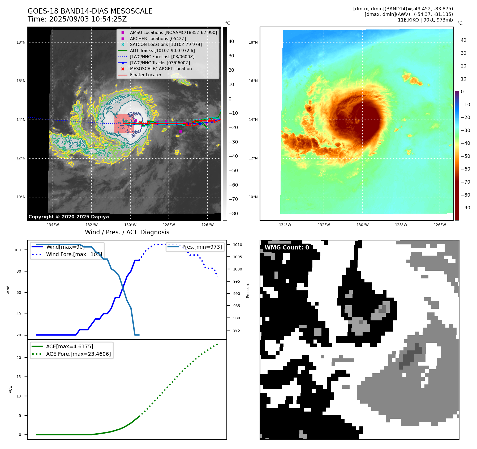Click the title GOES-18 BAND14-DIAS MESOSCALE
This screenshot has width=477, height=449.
click(x=90, y=11)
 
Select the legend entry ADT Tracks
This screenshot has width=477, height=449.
click(x=162, y=50)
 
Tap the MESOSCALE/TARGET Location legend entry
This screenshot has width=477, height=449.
click(x=161, y=69)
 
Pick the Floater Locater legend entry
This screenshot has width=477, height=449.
click(x=145, y=75)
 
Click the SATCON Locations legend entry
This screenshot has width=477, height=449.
click(x=166, y=44)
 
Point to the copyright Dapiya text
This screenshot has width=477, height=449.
click(x=68, y=217)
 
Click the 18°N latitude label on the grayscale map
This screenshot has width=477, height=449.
click(x=21, y=42)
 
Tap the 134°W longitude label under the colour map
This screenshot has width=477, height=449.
click(x=285, y=225)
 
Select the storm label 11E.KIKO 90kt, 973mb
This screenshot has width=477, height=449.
click(x=425, y=20)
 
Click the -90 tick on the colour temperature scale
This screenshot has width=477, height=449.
click(x=465, y=208)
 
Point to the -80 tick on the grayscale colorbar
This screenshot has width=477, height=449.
click(x=233, y=214)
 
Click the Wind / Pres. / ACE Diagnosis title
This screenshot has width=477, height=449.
click(x=127, y=232)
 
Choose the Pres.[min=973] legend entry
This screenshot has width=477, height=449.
click(x=202, y=247)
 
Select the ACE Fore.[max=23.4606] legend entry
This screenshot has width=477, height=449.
click(x=78, y=354)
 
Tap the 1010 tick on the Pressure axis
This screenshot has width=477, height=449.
click(x=237, y=245)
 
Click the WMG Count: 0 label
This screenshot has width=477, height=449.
click(x=287, y=247)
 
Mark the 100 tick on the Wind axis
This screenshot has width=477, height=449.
click(x=18, y=250)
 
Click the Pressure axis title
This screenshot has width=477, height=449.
click(x=248, y=290)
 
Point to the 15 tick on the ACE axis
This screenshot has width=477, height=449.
click(x=19, y=377)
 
